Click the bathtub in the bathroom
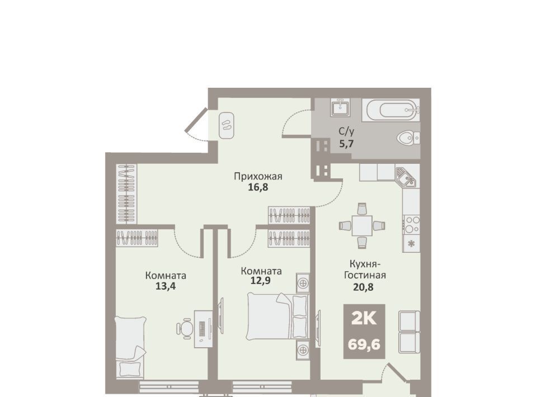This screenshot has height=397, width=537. coord(391,110)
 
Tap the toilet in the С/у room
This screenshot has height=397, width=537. coord(409,138)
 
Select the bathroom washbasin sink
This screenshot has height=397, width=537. coord(340,107)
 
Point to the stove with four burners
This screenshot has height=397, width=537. coord(411,224)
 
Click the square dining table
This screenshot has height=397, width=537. coord(362,225)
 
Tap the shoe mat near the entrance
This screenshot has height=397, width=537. coord(227,125)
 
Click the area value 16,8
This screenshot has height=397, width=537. coord(258,187)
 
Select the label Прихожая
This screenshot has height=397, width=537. coord(258,176)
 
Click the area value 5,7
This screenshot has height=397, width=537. coord(346,143)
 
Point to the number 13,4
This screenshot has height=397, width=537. coord(166,286)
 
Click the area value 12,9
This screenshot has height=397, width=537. coord(261,281)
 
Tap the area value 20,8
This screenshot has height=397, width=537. coord(364,287)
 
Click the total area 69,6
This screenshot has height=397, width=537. coord(364,344)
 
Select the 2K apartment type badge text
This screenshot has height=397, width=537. coord(364,319)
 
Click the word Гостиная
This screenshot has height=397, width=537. coord(365,275)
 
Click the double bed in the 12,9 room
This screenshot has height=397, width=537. coord(278,316)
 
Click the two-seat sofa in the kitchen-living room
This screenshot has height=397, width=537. coord(409,332)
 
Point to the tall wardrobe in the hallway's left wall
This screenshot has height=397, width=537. coord(126,193)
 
